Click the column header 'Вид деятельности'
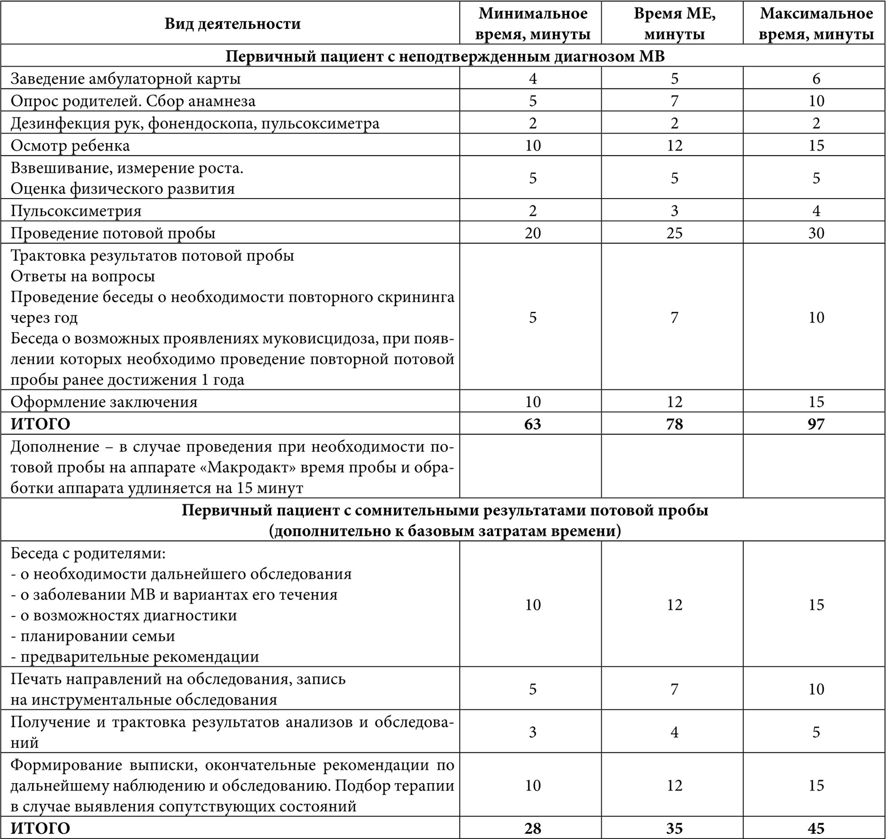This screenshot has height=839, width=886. pyautogui.click(x=232, y=24)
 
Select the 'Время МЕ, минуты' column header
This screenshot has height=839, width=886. pyautogui.click(x=674, y=24)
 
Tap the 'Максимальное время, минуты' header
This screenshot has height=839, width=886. pyautogui.click(x=816, y=24)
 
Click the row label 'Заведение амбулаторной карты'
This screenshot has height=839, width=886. pyautogui.click(x=125, y=78)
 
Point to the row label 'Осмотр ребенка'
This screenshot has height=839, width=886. pyautogui.click(x=70, y=145)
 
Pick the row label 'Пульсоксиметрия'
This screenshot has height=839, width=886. pyautogui.click(x=76, y=211)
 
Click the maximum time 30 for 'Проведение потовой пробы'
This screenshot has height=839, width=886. pyautogui.click(x=816, y=233)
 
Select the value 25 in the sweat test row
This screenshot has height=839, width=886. pyautogui.click(x=674, y=233)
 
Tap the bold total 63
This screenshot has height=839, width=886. pyautogui.click(x=532, y=424)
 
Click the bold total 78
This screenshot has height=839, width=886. pyautogui.click(x=674, y=424)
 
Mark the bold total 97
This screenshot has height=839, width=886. pyautogui.click(x=816, y=424)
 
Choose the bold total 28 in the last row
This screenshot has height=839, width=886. pyautogui.click(x=532, y=828)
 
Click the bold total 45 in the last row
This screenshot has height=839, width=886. pyautogui.click(x=816, y=828)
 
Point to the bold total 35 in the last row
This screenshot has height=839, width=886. pyautogui.click(x=674, y=828)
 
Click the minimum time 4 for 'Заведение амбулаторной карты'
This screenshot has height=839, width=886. pyautogui.click(x=532, y=78)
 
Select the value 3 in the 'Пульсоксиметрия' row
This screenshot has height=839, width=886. pyautogui.click(x=674, y=211)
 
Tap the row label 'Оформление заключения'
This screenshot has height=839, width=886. pyautogui.click(x=104, y=401)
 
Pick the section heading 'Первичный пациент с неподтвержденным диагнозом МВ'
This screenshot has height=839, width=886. pyautogui.click(x=445, y=56)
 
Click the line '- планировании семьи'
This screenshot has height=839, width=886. pyautogui.click(x=93, y=636)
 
